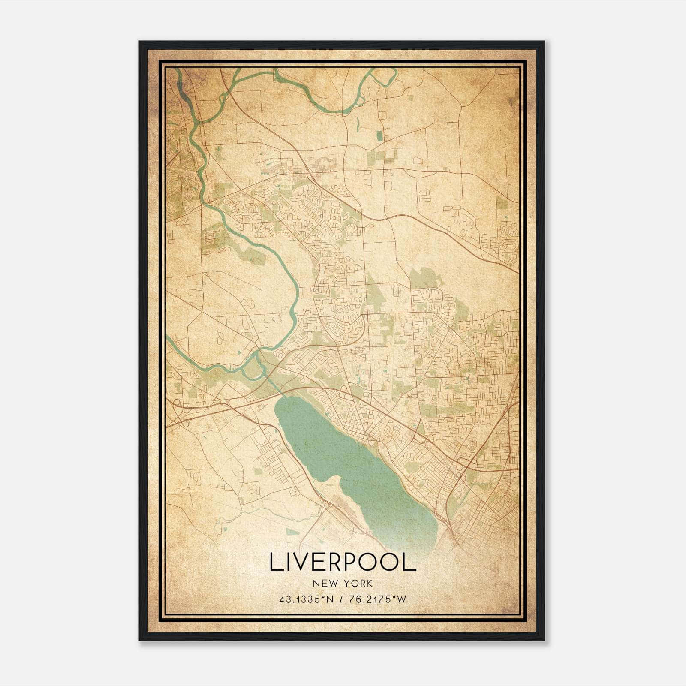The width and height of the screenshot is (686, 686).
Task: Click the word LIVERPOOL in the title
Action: pos(343,562)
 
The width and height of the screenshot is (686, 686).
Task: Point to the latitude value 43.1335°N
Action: pos(306,599)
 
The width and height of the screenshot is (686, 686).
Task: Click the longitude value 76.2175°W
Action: pos(377,599)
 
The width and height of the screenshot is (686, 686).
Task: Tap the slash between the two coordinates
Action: pos(341,599)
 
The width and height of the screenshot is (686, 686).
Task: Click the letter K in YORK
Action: pos(370,584)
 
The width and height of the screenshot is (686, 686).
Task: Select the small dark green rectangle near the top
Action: pos(379,136)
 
